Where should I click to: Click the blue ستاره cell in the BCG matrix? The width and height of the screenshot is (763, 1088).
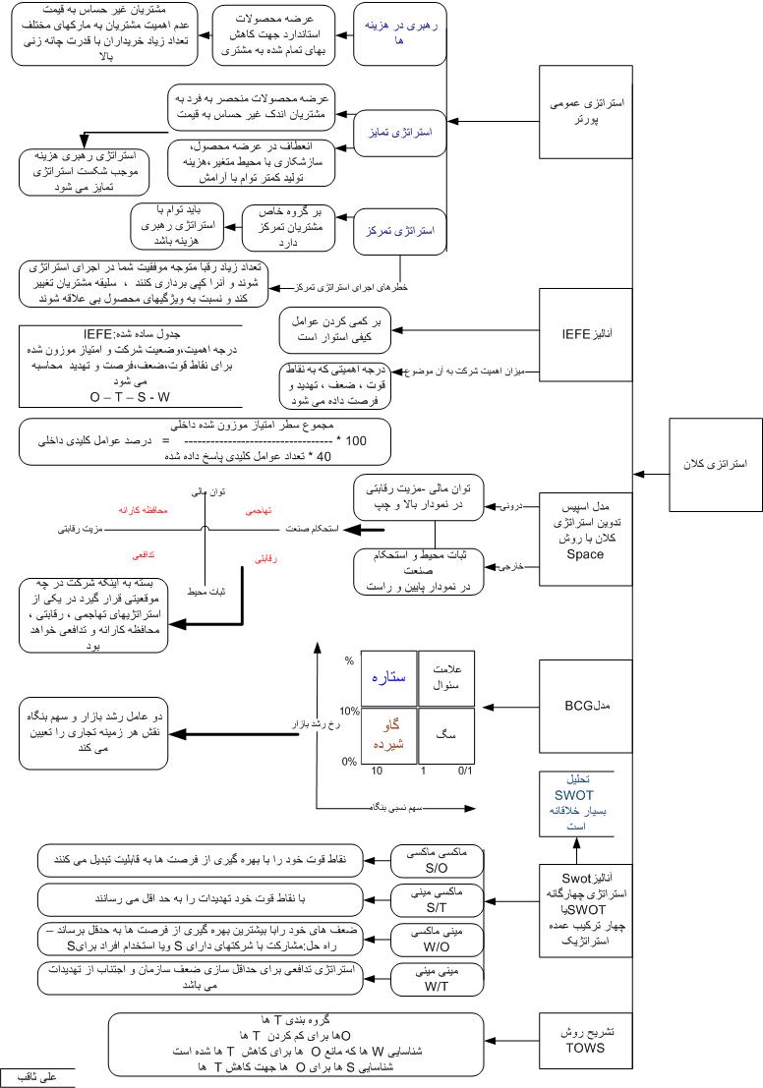pyautogui.click(x=388, y=678)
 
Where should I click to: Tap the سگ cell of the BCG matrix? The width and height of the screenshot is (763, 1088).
pyautogui.click(x=445, y=734)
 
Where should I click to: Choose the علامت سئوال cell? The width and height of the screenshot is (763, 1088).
pyautogui.click(x=445, y=677)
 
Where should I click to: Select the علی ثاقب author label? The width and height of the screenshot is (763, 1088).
pyautogui.click(x=37, y=1077)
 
